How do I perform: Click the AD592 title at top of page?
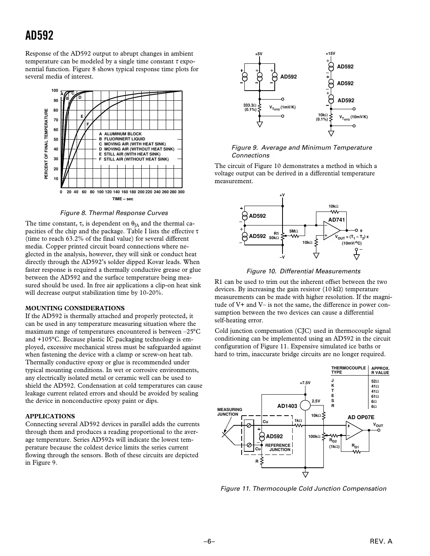(x=39, y=36)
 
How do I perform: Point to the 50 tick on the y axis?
(x=56, y=140)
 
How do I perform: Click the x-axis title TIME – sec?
(x=123, y=199)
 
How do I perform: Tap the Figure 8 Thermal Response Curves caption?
(x=114, y=213)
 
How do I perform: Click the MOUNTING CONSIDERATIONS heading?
(x=75, y=308)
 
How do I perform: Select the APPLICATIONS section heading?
(x=50, y=416)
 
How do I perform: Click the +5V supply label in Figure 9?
(x=259, y=54)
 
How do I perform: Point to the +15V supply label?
(x=330, y=54)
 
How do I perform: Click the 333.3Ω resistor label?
(x=249, y=105)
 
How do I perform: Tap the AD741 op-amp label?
(x=337, y=220)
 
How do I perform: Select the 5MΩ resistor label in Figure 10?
(x=293, y=231)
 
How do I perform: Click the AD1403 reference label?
(x=287, y=406)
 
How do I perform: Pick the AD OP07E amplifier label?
(x=361, y=417)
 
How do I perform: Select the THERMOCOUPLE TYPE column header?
(x=348, y=370)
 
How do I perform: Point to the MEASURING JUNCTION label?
(x=229, y=412)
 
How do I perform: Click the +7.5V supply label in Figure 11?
(x=305, y=383)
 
